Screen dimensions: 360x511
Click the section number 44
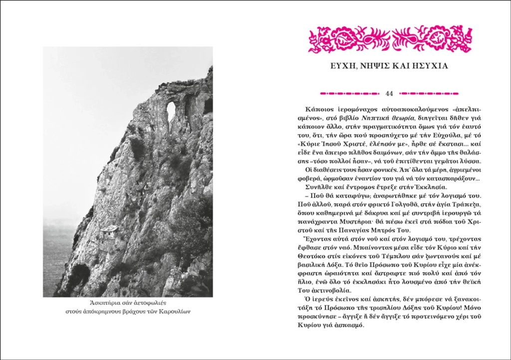[390, 93]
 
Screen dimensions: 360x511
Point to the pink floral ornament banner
[390, 39]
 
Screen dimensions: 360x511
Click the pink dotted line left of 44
[350, 93]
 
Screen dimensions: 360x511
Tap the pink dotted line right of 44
[430, 93]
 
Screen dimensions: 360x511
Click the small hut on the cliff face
[108, 232]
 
